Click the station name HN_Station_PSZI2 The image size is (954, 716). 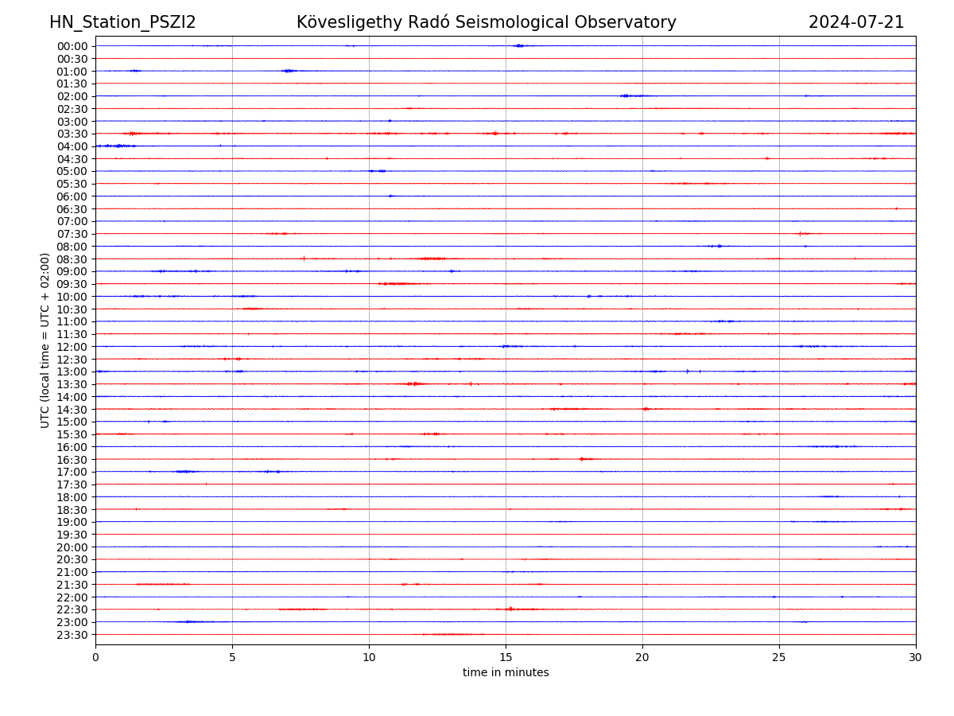(x=122, y=22)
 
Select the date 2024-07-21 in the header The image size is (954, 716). (x=856, y=22)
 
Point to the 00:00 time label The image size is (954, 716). (x=72, y=46)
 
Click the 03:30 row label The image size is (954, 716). (x=72, y=134)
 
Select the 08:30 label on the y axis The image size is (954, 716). (x=72, y=259)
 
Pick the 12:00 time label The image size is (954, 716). (x=72, y=347)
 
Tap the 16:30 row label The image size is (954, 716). (x=72, y=460)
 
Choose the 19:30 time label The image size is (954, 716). (x=72, y=535)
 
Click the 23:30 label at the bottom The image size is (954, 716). (x=72, y=635)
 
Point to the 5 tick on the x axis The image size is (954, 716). (x=232, y=658)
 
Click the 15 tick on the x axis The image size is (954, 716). (x=506, y=658)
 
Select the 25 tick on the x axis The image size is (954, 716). (x=779, y=658)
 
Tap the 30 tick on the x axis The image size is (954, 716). (x=916, y=658)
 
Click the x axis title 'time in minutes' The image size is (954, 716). (x=506, y=673)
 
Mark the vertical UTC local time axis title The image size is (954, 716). (x=45, y=340)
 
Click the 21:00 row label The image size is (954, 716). (x=72, y=572)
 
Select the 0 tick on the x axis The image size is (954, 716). (x=95, y=658)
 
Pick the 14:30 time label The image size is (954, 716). (x=72, y=410)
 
